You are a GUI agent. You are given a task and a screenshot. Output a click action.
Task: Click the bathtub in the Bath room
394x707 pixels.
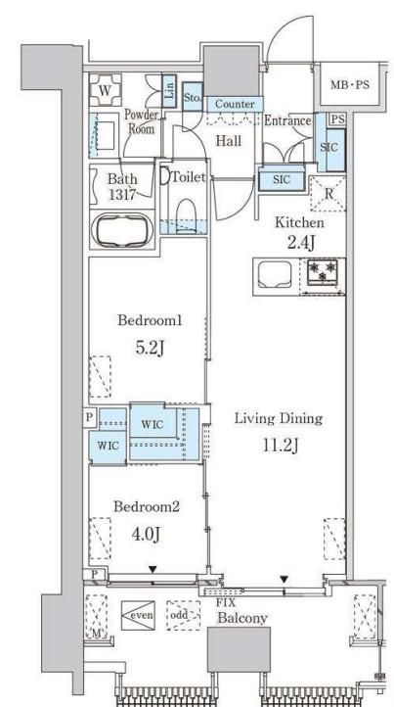121,229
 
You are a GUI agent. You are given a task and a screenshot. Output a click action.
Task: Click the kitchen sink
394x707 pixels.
276,274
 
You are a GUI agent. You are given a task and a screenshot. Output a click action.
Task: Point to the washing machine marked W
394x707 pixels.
105,90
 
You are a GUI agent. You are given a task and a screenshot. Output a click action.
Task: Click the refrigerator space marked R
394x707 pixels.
328,194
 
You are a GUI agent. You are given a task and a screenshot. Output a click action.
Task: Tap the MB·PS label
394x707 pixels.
350,84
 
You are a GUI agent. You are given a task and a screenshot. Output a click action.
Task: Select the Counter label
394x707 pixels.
235,104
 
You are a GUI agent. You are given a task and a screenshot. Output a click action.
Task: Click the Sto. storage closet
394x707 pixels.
193,96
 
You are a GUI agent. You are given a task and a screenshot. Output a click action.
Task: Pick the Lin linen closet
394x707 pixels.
169,91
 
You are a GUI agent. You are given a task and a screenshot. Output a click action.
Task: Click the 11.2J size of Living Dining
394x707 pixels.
280,446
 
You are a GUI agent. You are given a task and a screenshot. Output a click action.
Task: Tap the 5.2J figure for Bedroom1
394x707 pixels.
149,348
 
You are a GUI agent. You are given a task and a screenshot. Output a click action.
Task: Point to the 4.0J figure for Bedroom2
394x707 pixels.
146,534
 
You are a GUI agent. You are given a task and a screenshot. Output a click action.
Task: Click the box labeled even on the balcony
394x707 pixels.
138,615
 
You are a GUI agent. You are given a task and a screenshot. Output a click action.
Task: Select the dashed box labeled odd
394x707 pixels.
183,615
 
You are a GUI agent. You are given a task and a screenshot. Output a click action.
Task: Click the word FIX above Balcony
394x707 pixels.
225,603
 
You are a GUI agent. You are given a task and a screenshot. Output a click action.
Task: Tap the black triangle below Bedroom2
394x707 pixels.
153,570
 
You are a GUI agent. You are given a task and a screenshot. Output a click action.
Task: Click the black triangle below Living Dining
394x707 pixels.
284,579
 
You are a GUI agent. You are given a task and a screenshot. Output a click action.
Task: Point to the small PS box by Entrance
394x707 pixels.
337,119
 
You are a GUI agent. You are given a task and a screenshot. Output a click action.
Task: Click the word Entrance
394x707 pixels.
287,120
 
